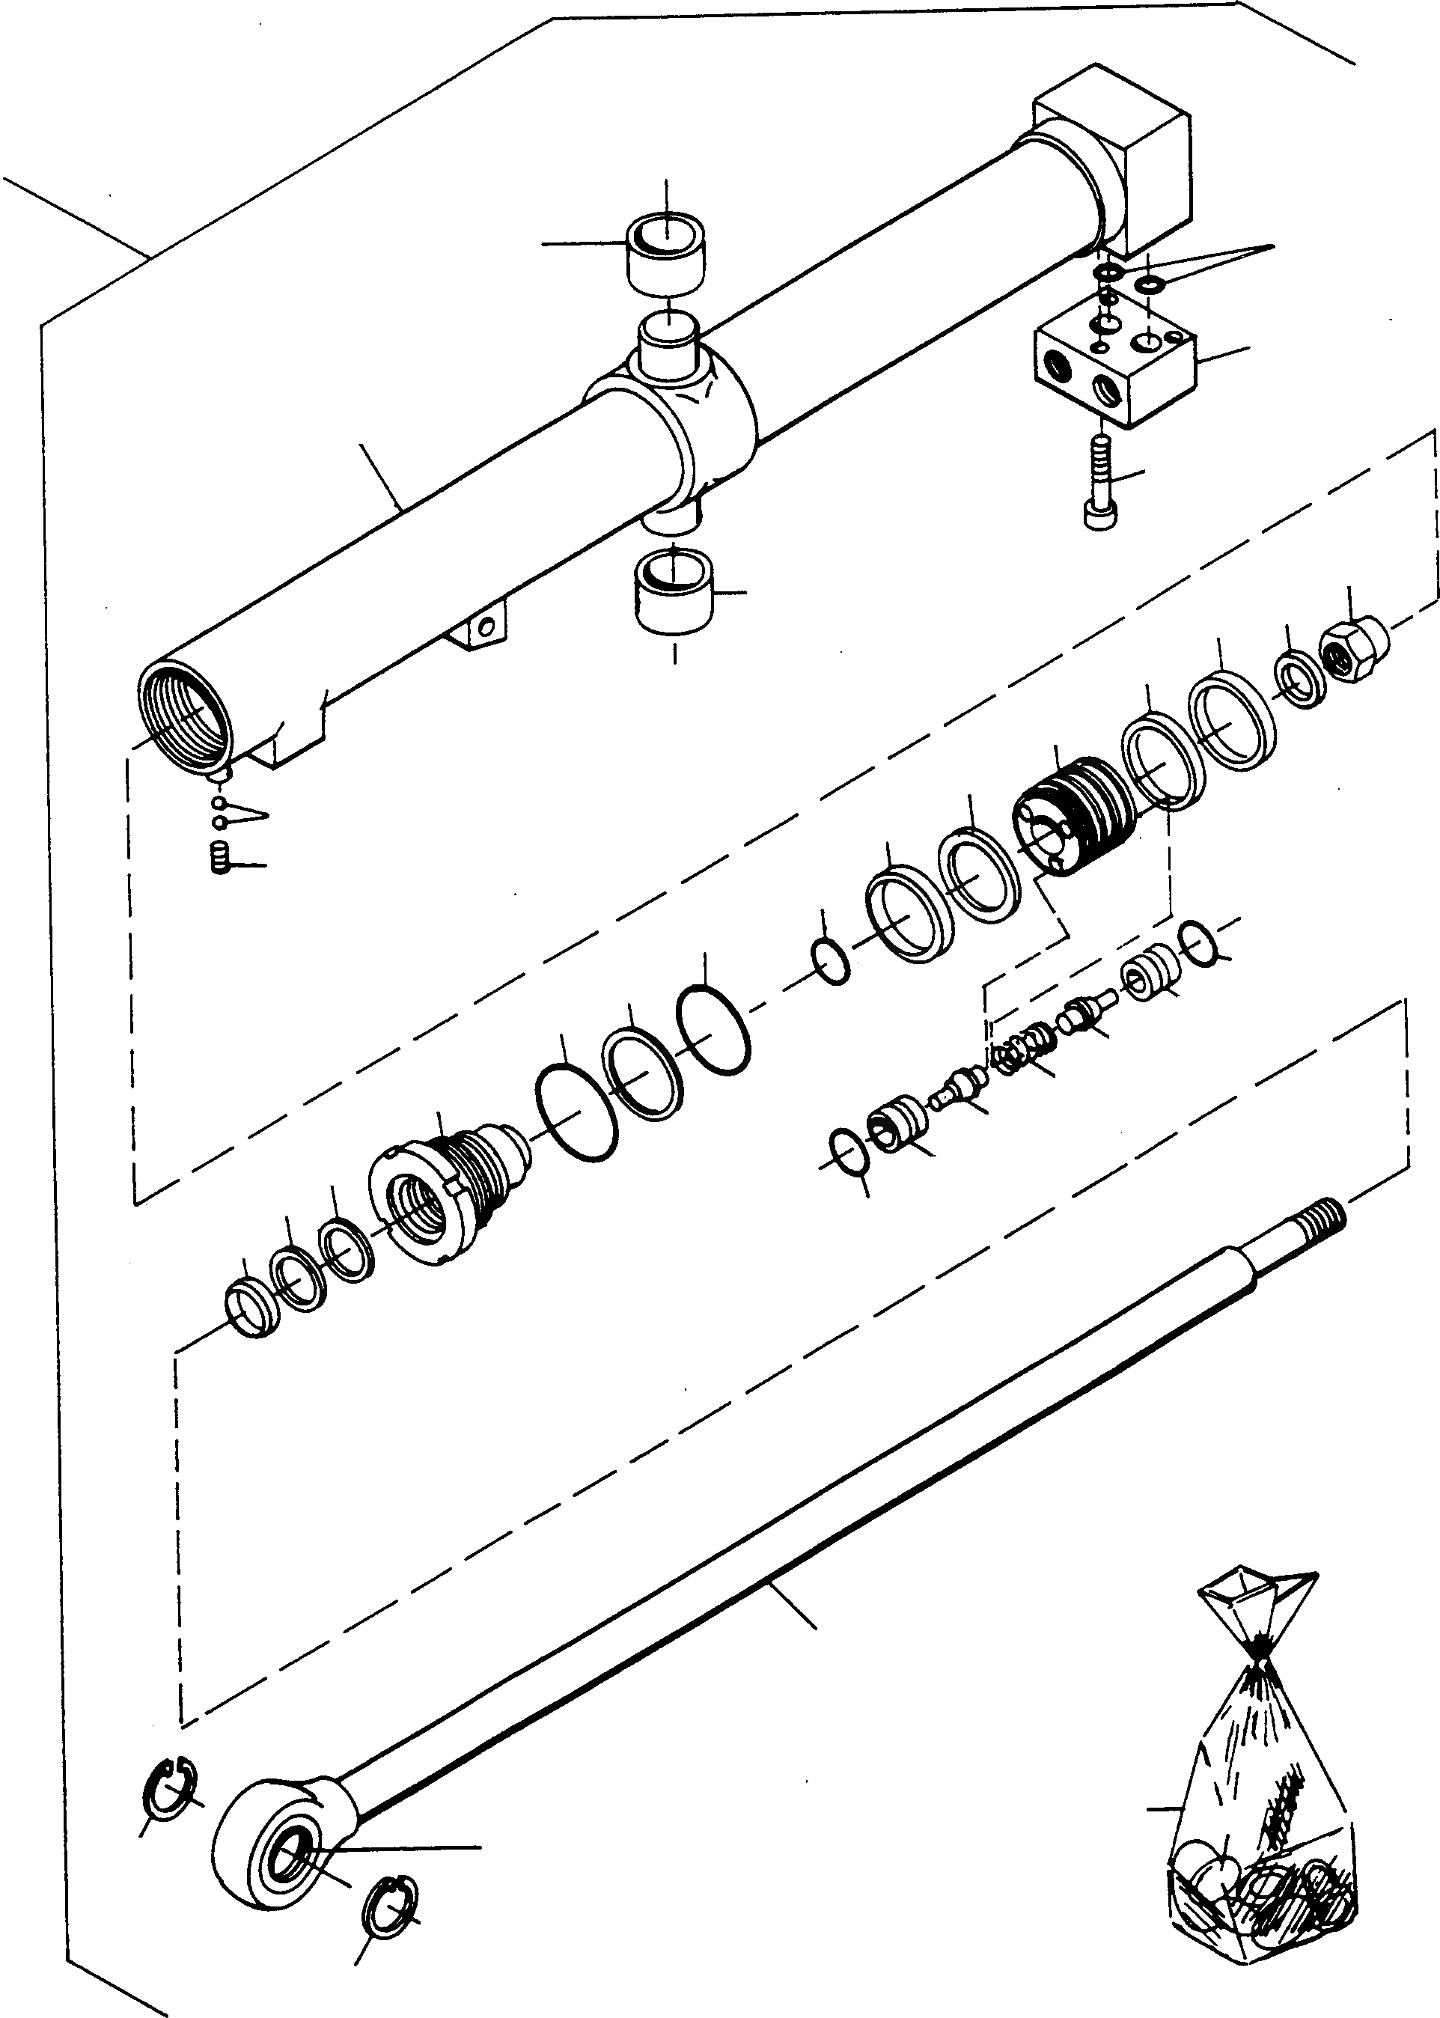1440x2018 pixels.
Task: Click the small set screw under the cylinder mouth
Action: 221,859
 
